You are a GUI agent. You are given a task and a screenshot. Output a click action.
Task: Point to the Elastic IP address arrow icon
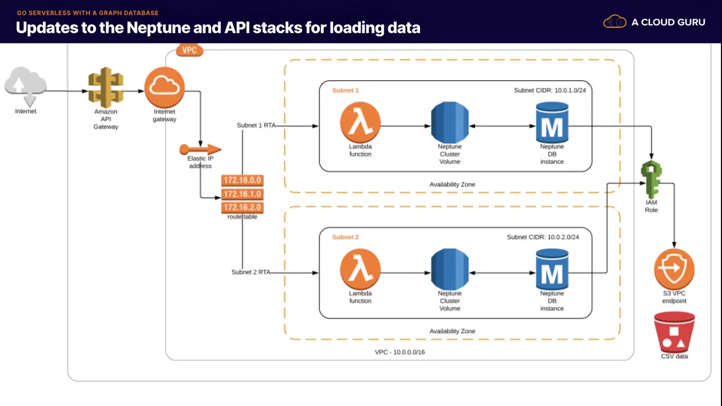pyautogui.click(x=200, y=149)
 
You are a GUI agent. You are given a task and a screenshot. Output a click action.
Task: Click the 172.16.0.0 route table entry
pyautogui.click(x=243, y=181)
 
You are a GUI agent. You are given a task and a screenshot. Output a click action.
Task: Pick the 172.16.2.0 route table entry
pyautogui.click(x=243, y=208)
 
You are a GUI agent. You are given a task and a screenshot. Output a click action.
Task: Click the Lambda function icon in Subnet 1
pyautogui.click(x=360, y=122)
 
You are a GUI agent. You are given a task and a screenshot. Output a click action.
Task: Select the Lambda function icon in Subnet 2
pyautogui.click(x=360, y=269)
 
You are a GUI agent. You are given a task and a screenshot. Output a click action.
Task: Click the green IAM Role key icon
pyautogui.click(x=651, y=179)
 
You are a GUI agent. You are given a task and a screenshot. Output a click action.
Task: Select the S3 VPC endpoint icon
pyautogui.click(x=674, y=268)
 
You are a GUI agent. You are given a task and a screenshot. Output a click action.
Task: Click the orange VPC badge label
pyautogui.click(x=190, y=50)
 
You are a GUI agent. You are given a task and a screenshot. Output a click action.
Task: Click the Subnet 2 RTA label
pyautogui.click(x=250, y=272)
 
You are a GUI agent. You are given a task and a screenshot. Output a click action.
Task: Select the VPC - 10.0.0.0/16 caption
pyautogui.click(x=399, y=352)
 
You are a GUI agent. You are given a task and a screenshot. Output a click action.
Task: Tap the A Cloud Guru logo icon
pyautogui.click(x=615, y=22)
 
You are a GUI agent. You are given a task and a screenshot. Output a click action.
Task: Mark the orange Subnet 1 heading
pyautogui.click(x=345, y=90)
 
